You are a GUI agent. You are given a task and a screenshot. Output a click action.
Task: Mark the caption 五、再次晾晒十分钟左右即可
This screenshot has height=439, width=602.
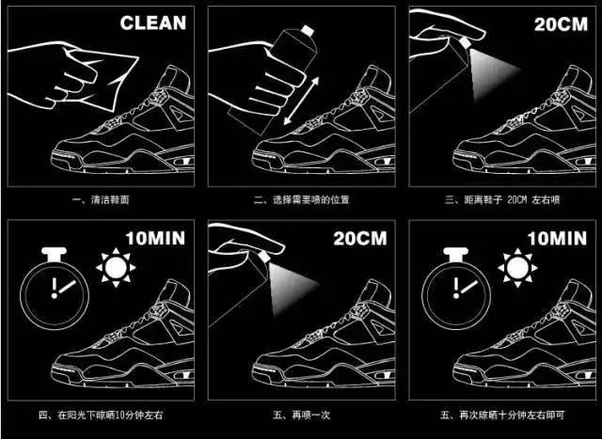498,414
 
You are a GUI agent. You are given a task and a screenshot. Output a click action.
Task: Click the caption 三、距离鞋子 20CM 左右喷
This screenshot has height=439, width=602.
498,199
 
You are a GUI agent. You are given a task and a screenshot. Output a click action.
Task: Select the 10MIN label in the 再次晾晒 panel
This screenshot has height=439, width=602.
554,239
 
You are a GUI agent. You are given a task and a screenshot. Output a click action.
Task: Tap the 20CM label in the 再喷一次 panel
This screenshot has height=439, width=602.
355,239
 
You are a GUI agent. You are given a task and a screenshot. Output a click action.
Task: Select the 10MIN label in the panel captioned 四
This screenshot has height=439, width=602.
154,239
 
